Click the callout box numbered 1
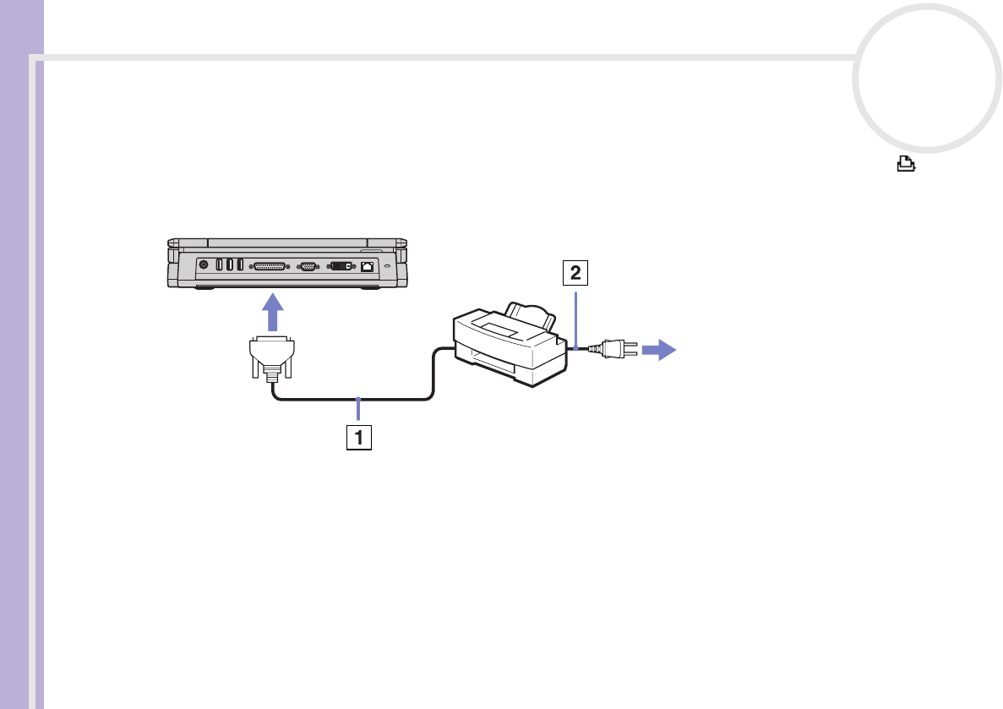359,438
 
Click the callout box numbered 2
575,273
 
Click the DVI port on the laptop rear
341,265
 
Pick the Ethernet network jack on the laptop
368,265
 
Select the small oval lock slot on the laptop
387,265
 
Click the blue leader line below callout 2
575,316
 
